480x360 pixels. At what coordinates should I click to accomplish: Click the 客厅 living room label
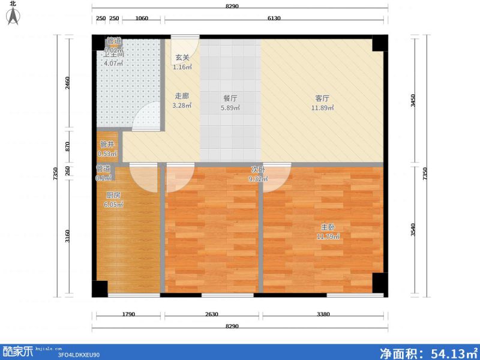click(x=322, y=98)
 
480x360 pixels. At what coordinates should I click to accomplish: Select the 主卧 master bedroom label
click(x=328, y=227)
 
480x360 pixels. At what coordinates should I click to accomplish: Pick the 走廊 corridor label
click(x=182, y=96)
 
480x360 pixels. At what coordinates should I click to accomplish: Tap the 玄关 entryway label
click(x=182, y=58)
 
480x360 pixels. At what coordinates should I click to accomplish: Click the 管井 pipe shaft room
click(x=107, y=148)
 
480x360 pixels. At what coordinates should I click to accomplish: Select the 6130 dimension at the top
click(x=274, y=18)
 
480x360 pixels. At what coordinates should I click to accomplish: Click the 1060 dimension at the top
click(x=142, y=18)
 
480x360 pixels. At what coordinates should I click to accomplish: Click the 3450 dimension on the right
click(x=412, y=100)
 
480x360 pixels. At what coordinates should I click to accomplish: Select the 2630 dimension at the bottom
click(x=211, y=314)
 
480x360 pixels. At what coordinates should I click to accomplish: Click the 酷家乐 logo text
click(x=18, y=352)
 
